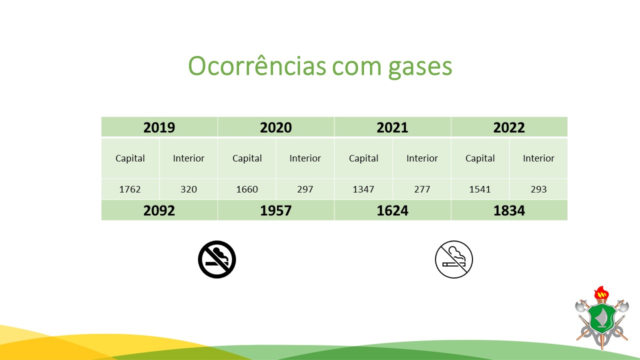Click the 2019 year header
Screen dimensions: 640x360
point(159,127)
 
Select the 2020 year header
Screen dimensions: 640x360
point(275,127)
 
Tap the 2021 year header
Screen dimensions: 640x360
point(392,127)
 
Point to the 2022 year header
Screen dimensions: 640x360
point(509,127)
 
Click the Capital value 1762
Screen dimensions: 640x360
point(130,189)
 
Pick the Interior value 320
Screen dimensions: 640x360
point(188,189)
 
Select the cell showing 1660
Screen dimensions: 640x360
point(247,189)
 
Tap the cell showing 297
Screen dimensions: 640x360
point(305,189)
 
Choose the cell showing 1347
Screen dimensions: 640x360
point(363,189)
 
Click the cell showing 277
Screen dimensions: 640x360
point(422,189)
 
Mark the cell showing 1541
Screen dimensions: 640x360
point(480,189)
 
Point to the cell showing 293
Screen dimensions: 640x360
point(538,189)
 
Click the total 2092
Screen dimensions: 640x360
point(159,210)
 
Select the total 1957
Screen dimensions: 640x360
point(275,210)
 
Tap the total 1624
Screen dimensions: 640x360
point(392,210)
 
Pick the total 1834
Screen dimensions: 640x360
point(509,210)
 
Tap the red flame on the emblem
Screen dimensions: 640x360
point(601,292)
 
